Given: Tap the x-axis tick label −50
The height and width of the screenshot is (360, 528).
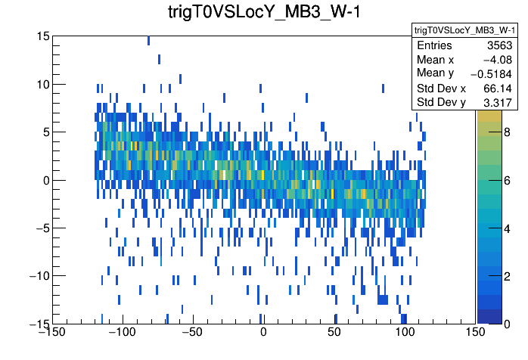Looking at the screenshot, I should click(192, 332).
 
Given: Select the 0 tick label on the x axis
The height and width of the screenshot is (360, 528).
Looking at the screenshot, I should click(263, 332).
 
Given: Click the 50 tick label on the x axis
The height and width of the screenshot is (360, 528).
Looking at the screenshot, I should click(334, 332).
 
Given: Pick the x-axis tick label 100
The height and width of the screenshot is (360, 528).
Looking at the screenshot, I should click(405, 332).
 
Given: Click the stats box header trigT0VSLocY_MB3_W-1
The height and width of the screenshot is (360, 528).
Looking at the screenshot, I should click(464, 30).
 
